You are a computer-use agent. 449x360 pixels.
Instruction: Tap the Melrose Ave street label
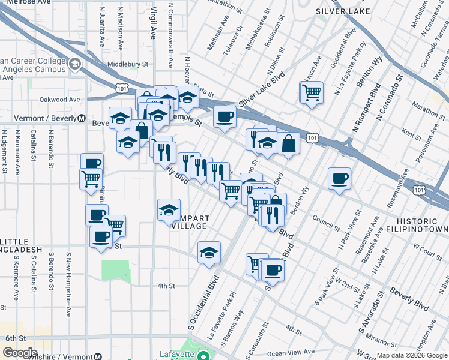(19, 3)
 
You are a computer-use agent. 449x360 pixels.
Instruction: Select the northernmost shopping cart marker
(312, 92)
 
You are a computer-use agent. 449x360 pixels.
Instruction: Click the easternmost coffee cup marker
(339, 178)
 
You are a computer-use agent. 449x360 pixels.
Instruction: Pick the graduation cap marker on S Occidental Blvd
(209, 252)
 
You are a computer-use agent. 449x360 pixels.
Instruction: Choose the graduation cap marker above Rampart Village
(169, 209)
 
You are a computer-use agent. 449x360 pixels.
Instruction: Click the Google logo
(20, 353)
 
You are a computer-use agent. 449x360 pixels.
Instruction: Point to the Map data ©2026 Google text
(412, 355)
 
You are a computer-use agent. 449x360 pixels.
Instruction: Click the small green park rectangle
(116, 271)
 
